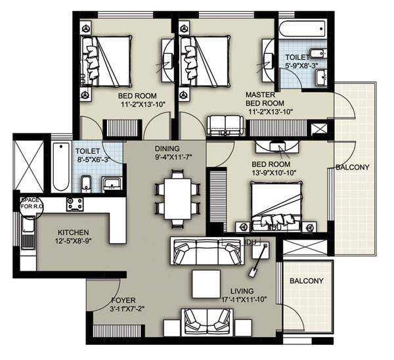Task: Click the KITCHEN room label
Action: [73, 233]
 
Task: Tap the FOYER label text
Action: [123, 300]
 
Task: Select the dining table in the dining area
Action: [178, 199]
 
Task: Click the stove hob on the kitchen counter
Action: [75, 204]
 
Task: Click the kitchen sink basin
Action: [28, 224]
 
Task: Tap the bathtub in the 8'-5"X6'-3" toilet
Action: [61, 166]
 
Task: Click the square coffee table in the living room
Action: [206, 284]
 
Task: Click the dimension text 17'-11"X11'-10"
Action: [244, 300]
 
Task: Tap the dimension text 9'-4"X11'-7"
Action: [173, 157]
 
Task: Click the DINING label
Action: [167, 148]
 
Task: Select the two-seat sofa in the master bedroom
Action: [225, 125]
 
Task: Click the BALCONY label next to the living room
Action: [306, 281]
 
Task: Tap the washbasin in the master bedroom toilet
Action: [321, 78]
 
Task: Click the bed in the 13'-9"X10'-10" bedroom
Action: [276, 206]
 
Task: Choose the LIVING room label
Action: [242, 291]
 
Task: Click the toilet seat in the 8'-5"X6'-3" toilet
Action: [86, 184]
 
